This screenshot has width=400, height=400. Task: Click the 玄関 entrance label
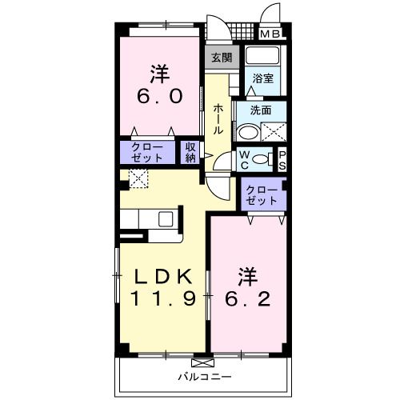(222, 57)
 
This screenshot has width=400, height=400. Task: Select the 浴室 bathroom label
(262, 78)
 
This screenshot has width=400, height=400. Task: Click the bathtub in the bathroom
(262, 58)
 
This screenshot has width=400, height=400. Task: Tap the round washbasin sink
(249, 131)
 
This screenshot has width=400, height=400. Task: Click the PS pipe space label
(282, 160)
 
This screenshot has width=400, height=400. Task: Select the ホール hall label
(218, 117)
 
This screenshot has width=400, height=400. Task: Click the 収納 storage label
(191, 152)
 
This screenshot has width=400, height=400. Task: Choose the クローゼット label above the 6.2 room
(262, 195)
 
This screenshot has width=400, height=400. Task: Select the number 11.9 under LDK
(162, 299)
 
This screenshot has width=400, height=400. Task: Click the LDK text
(162, 276)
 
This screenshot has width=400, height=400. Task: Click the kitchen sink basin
(166, 218)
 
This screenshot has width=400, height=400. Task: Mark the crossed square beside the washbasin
(274, 132)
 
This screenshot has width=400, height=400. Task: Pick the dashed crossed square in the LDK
(138, 178)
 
